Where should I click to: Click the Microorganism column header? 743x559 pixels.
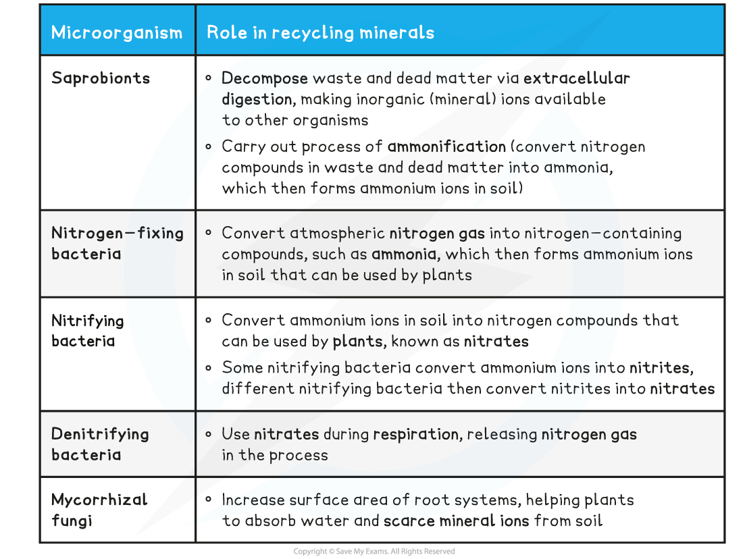[x=117, y=32]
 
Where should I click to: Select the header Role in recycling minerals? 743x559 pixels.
[x=320, y=32]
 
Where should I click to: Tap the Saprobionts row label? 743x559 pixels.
[x=101, y=78]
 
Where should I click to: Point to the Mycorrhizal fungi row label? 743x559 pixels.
[x=99, y=510]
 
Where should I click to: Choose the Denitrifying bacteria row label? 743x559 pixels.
[x=100, y=444]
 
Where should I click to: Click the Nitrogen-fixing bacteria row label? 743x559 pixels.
[x=117, y=244]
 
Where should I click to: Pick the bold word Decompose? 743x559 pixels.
[x=264, y=78]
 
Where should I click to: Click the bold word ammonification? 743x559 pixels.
[x=446, y=147]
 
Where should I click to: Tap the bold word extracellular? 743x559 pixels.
[x=577, y=78]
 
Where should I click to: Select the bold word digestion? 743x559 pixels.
[x=257, y=99]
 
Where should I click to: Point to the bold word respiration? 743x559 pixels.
[x=415, y=435]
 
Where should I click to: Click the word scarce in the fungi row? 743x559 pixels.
[x=409, y=521]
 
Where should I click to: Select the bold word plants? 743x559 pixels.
[x=357, y=342]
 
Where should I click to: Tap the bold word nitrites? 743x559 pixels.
[x=660, y=368]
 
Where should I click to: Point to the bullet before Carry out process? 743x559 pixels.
[x=209, y=147]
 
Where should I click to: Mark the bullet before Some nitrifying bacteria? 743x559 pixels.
[x=209, y=368]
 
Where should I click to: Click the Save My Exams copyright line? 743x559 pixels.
[x=374, y=551]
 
